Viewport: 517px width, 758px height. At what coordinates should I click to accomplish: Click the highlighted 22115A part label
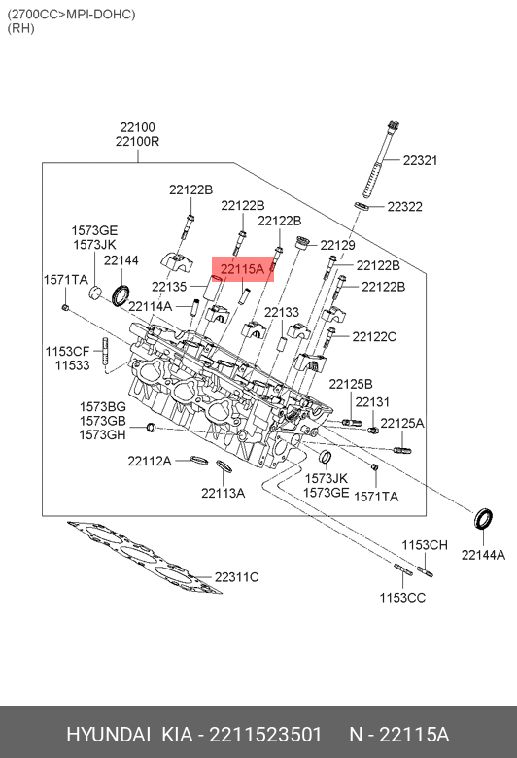point(242,269)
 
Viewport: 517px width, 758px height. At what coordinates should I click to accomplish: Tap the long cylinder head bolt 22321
point(381,158)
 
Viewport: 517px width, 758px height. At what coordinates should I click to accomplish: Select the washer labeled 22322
point(362,206)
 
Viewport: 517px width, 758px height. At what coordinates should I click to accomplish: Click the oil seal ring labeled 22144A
point(483,519)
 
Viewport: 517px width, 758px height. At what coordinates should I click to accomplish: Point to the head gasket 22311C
point(144,557)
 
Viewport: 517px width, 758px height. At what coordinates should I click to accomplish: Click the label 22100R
point(137,141)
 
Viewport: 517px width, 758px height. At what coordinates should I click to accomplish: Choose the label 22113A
point(223,493)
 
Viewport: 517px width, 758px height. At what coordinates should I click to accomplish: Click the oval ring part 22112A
point(199,460)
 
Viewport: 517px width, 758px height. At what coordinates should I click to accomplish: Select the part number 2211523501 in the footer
point(265,735)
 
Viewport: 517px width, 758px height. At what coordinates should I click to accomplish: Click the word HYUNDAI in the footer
point(108,735)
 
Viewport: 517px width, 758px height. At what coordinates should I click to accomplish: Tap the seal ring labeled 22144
point(121,295)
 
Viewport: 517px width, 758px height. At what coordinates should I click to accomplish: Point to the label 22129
point(337,245)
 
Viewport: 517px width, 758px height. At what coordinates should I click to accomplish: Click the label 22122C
point(374,336)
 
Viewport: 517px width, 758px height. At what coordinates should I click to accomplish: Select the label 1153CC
point(402,598)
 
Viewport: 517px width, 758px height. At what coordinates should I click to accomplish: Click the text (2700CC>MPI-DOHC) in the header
point(71,14)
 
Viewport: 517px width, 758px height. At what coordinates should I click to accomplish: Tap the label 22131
point(372,401)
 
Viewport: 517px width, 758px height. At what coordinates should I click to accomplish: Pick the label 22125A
point(402,423)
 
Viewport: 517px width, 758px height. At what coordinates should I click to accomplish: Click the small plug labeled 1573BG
point(151,428)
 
